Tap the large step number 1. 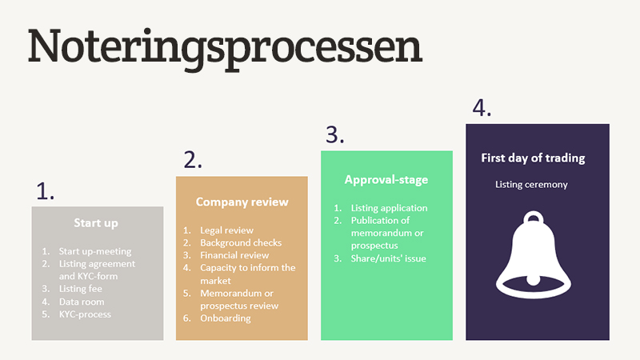tap(45, 190)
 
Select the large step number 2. tap(193, 160)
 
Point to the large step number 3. tap(334, 134)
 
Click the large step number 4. tap(482, 107)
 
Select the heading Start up tap(96, 222)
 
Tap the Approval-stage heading tap(386, 180)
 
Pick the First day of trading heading tap(533, 158)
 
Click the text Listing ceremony tap(531, 185)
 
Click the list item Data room tap(82, 302)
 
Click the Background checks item tap(241, 242)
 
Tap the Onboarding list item tap(226, 318)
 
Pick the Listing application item tap(389, 208)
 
